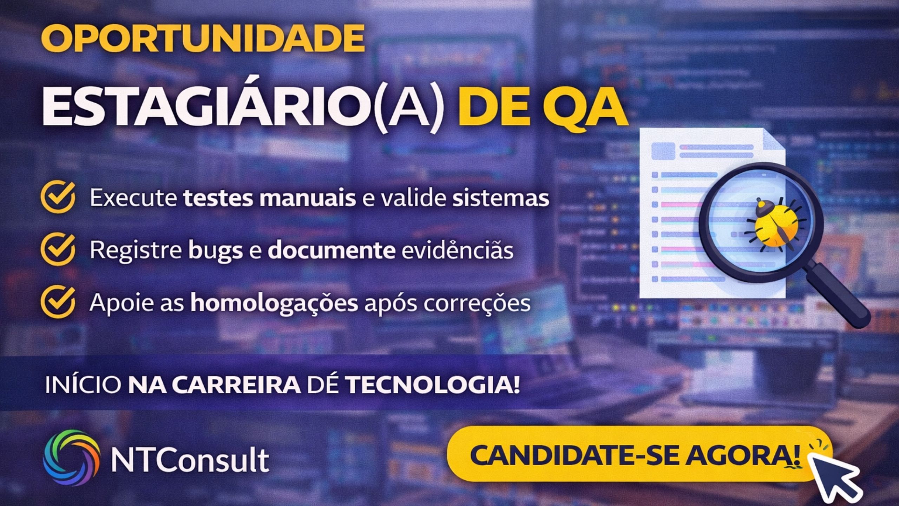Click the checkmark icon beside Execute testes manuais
(x=58, y=197)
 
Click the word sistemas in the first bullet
(x=500, y=198)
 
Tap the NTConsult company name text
(x=190, y=459)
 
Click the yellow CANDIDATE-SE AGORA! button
(x=639, y=455)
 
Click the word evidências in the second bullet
(x=457, y=250)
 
